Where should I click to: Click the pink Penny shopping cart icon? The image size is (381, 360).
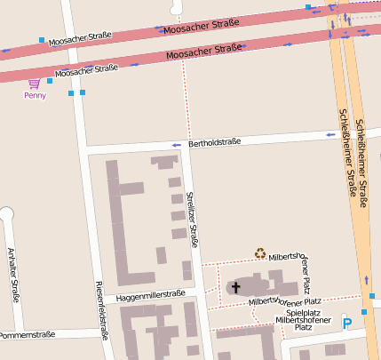(x=34, y=84)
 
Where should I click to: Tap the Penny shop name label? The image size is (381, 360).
(x=35, y=95)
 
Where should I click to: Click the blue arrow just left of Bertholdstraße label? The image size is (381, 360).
(x=176, y=145)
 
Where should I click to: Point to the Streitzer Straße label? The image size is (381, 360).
(x=193, y=219)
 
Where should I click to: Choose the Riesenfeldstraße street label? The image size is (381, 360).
(x=100, y=310)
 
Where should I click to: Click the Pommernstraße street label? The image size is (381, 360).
(x=28, y=335)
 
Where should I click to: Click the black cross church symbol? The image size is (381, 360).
(x=235, y=287)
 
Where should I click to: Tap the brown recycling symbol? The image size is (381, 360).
(x=260, y=253)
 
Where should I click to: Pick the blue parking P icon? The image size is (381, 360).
(x=347, y=324)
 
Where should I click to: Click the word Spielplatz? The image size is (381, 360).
(x=303, y=312)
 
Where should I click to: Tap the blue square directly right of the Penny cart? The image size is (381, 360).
(x=51, y=81)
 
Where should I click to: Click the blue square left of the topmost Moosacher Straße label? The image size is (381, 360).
(x=42, y=40)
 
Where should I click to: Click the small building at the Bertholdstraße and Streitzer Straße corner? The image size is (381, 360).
(x=163, y=162)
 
